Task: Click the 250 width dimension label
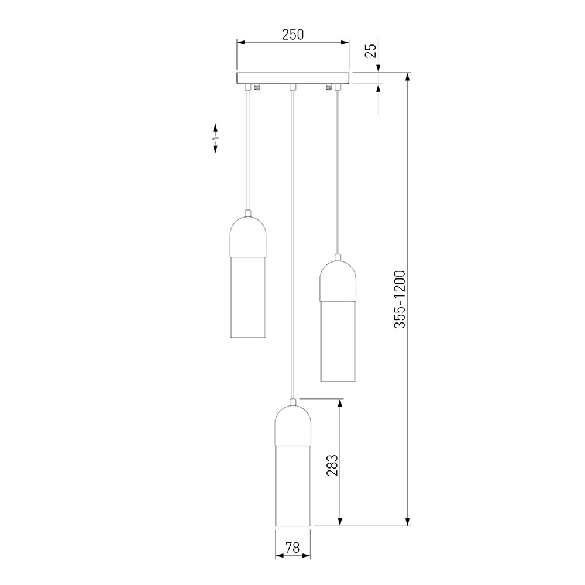click(x=293, y=35)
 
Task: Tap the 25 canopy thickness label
click(x=370, y=51)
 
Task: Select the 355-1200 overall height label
click(x=399, y=299)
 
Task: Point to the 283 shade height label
click(x=332, y=465)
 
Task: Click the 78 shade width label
click(x=293, y=548)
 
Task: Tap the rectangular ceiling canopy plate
click(x=293, y=78)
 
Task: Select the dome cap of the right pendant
click(x=338, y=281)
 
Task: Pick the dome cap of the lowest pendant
click(x=293, y=426)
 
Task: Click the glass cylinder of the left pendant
click(x=248, y=297)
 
